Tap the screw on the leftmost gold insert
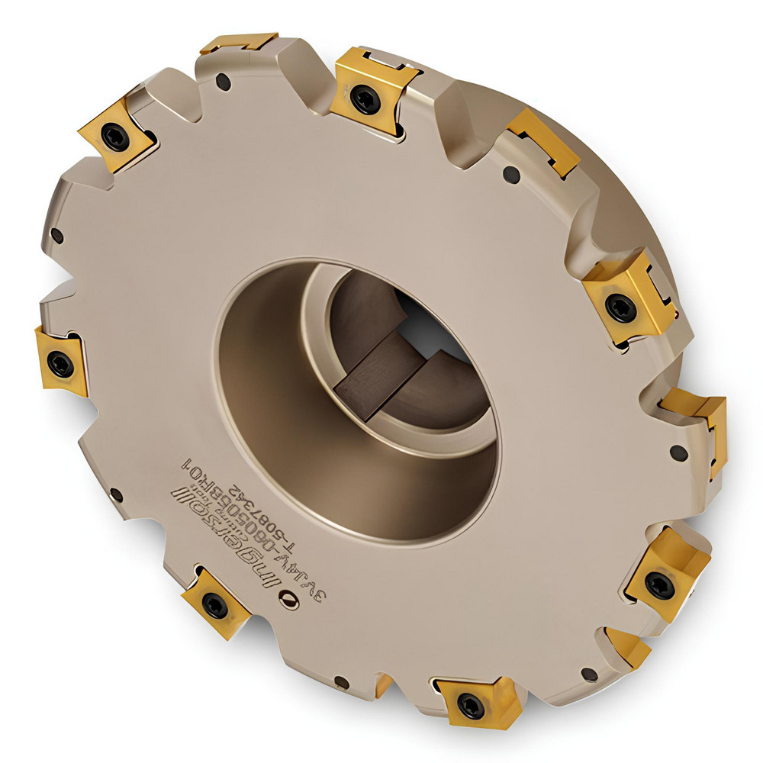60,364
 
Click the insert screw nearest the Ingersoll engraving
215,605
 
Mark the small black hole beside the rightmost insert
678,453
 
